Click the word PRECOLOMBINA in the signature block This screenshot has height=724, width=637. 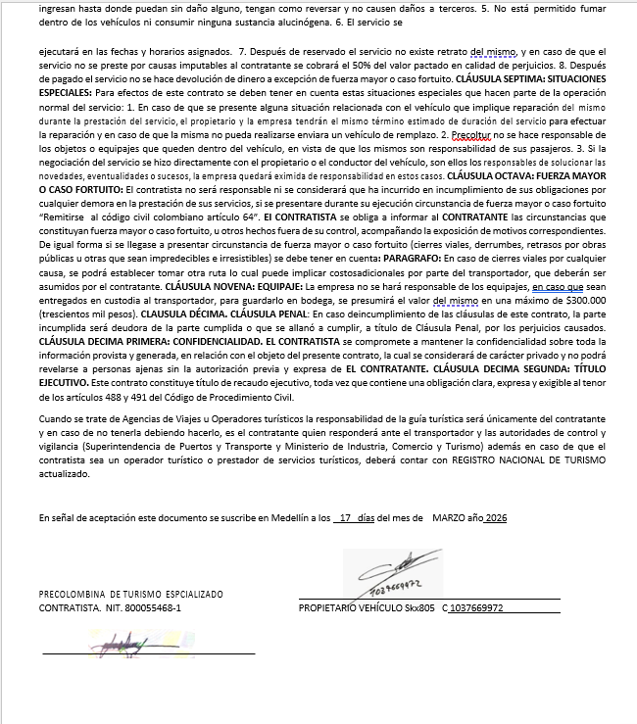[x=73, y=595]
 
